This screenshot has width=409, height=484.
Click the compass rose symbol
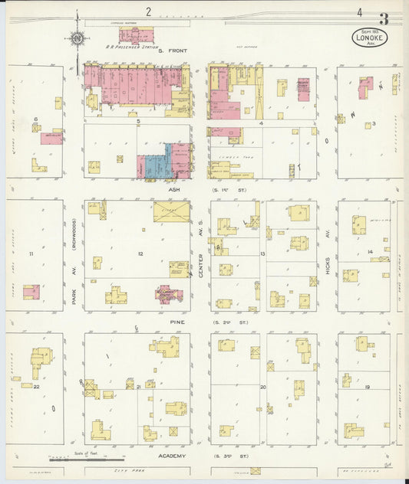pyautogui.click(x=78, y=36)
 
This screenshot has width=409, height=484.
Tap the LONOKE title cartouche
pyautogui.click(x=371, y=36)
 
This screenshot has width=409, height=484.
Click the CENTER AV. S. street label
pyautogui.click(x=202, y=257)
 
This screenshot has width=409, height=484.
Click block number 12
pyautogui.click(x=140, y=253)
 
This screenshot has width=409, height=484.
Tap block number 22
pyautogui.click(x=37, y=388)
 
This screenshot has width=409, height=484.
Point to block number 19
pyautogui.click(x=368, y=388)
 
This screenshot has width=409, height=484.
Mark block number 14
pyautogui.click(x=370, y=252)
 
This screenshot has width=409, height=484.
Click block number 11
pyautogui.click(x=31, y=253)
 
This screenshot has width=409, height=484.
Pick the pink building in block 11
pyautogui.click(x=31, y=292)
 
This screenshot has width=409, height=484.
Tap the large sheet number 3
pyautogui.click(x=382, y=18)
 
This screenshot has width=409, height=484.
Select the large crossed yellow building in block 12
pyautogui.click(x=172, y=212)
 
